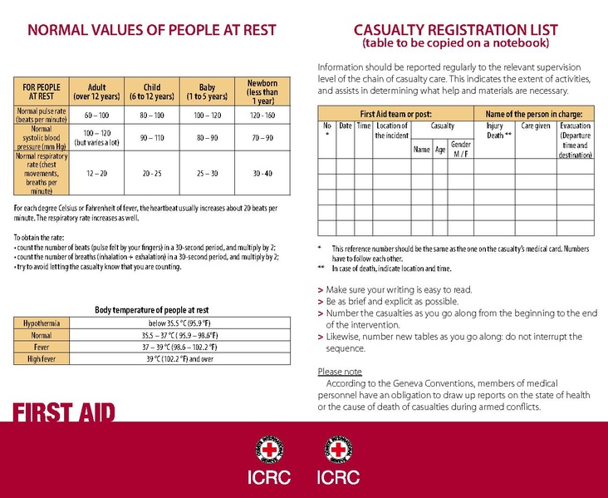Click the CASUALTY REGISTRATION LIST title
point(455,31)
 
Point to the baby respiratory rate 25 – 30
point(207,175)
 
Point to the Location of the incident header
point(391,131)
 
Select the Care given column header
point(536,126)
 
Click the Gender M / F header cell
point(460,150)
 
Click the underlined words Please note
point(340,372)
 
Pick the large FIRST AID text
point(63,412)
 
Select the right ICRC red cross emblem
point(339,451)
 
